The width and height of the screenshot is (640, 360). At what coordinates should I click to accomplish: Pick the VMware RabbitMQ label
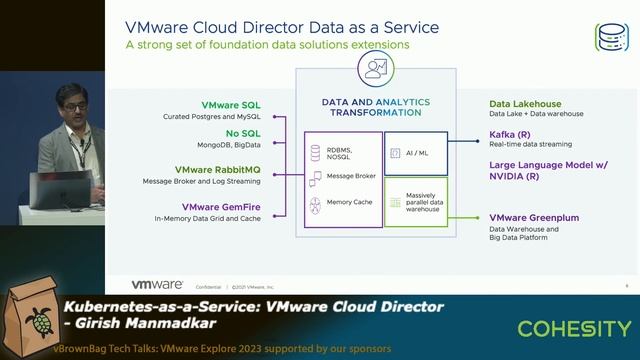(225, 170)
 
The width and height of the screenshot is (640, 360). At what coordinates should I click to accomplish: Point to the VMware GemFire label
(229, 205)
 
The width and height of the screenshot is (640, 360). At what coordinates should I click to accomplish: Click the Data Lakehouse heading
(525, 104)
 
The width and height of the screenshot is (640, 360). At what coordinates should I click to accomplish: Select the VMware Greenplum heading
(534, 217)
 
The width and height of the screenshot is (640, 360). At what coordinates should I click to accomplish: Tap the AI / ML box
(418, 153)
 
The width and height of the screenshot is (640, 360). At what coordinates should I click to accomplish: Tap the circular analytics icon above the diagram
(376, 68)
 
